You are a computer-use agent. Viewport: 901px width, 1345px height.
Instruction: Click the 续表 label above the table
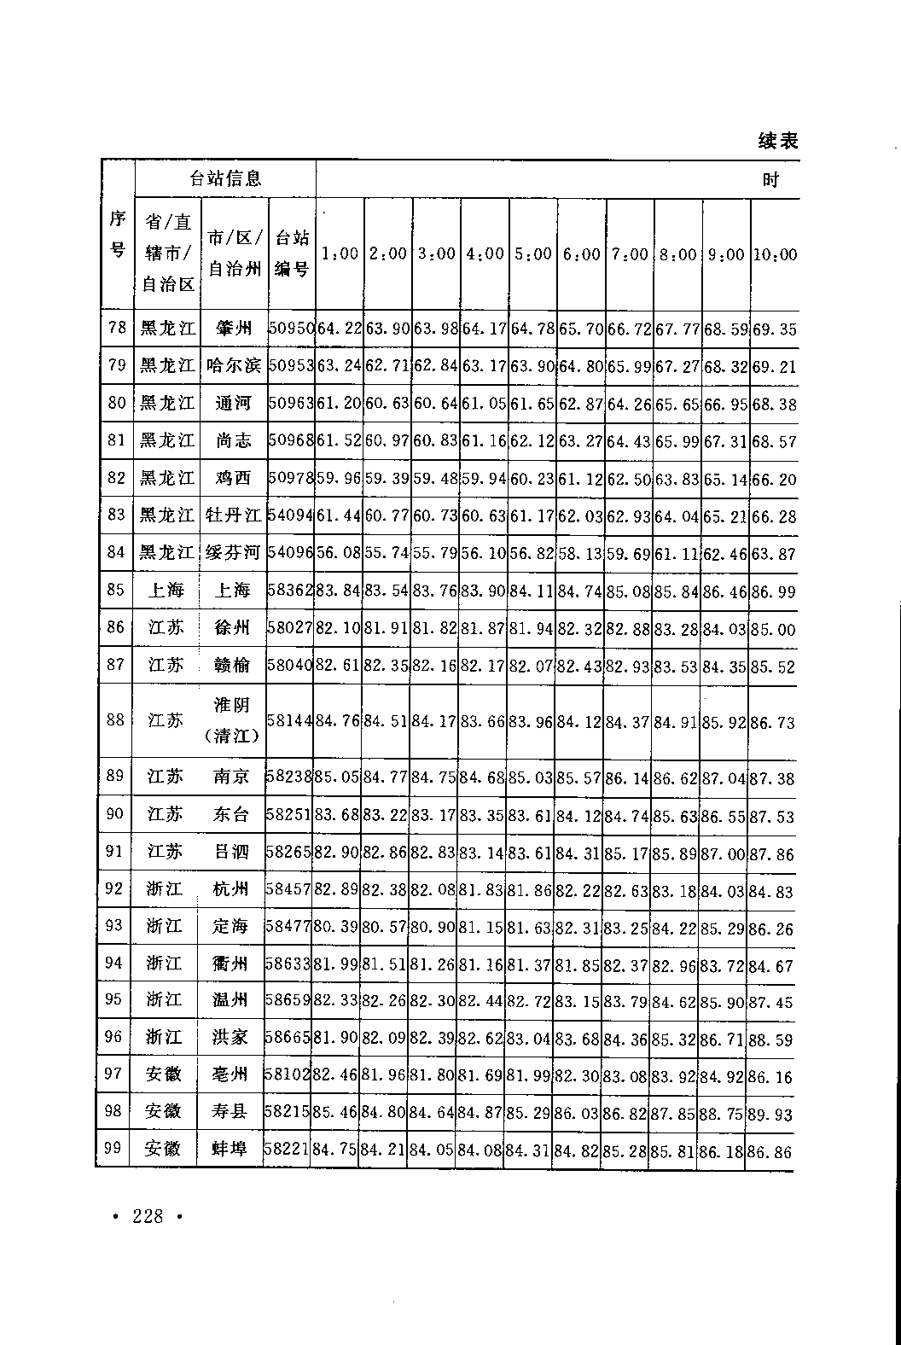777,141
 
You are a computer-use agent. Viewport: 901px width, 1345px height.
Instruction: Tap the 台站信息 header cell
224,178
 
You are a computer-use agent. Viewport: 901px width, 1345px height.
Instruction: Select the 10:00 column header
775,254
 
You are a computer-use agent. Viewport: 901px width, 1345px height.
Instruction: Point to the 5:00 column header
533,254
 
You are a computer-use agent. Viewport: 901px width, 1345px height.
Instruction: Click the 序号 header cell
118,235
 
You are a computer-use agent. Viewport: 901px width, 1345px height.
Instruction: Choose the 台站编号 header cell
291,253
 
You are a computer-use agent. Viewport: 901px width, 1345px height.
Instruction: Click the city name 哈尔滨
233,366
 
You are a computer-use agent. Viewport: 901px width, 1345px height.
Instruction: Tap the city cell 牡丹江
233,515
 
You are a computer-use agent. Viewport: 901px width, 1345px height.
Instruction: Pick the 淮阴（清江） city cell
232,720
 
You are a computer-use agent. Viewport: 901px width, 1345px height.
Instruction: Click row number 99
113,1148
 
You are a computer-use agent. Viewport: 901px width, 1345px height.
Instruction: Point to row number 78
118,328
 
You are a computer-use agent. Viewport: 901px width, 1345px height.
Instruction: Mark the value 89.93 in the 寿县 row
771,1111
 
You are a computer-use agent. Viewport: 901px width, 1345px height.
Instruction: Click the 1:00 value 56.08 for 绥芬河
339,553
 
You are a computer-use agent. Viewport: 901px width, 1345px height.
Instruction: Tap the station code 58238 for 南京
289,777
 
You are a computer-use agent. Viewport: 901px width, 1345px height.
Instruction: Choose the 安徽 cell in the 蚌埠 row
164,1149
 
